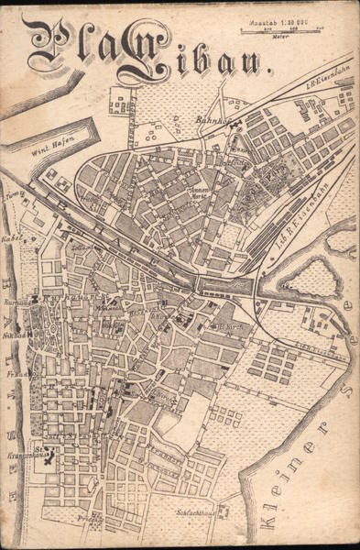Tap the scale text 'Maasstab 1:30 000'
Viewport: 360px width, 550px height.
(x=283, y=19)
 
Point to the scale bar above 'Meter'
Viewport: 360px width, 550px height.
(x=283, y=29)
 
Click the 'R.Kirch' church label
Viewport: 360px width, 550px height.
(x=226, y=325)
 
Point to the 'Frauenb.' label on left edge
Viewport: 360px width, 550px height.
(x=15, y=375)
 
